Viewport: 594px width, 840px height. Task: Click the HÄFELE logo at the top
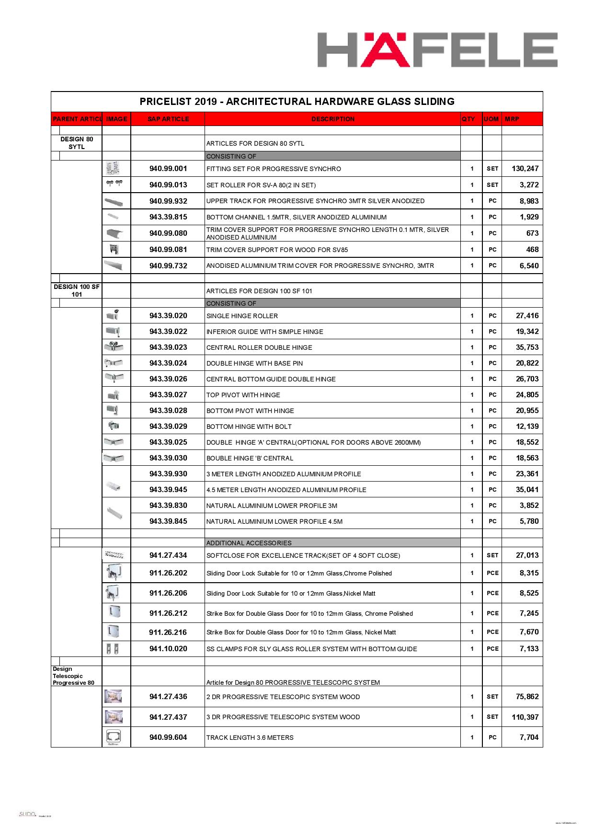click(437, 50)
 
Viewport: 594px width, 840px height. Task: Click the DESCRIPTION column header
click(332, 119)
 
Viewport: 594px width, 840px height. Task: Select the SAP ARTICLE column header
click(168, 119)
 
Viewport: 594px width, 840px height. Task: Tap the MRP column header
click(512, 119)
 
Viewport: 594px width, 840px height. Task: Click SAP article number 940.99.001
click(168, 169)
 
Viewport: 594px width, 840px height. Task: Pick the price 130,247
click(525, 169)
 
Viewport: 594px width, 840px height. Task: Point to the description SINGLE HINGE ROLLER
click(242, 316)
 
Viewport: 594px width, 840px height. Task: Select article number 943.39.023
click(168, 347)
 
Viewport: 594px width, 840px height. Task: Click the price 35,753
click(527, 347)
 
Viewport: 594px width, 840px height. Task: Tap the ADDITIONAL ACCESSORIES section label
click(249, 543)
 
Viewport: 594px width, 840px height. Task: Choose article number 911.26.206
click(168, 593)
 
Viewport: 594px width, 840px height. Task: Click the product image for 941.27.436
click(113, 696)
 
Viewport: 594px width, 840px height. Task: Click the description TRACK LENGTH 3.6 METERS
click(250, 737)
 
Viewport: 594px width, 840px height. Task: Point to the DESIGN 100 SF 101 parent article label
click(77, 290)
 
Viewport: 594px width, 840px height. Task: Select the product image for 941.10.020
click(113, 649)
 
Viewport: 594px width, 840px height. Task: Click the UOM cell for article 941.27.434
click(492, 555)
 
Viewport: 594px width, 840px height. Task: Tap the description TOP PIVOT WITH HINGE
click(243, 395)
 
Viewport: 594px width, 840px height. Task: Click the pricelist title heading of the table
click(297, 102)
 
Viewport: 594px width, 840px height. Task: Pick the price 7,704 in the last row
click(529, 737)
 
